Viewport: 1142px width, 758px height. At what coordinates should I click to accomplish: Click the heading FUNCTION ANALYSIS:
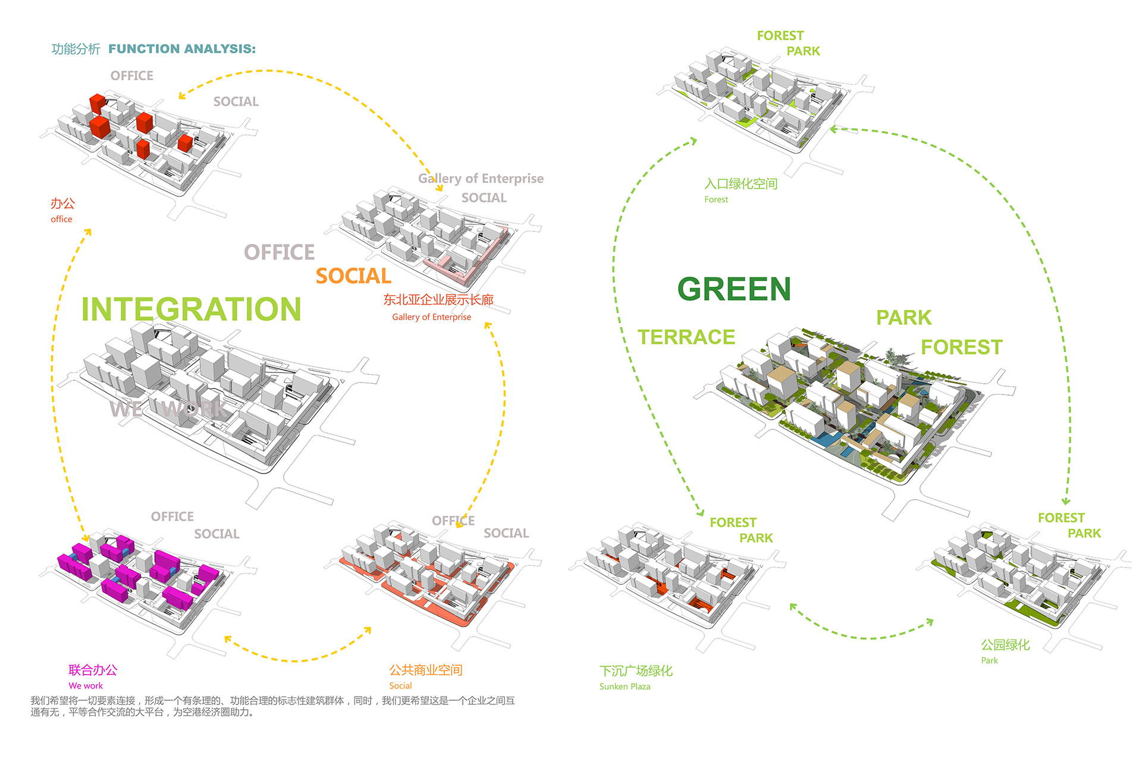tap(182, 49)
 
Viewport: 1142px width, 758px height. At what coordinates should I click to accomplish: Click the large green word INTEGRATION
tap(191, 309)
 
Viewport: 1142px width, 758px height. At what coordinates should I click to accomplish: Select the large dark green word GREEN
tap(734, 289)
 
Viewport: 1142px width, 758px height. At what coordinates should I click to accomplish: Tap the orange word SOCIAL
tap(353, 276)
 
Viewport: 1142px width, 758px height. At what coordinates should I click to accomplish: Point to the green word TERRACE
tap(686, 337)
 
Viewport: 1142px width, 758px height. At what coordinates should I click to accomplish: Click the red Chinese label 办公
tap(62, 203)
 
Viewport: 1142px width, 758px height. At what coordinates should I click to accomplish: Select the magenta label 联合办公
tap(93, 670)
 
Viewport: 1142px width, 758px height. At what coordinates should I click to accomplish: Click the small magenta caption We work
tap(86, 685)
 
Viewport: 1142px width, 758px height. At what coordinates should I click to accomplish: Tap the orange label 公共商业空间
tap(426, 670)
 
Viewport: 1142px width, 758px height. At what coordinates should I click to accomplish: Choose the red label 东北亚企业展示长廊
tap(438, 300)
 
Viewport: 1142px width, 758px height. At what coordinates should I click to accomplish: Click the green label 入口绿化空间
tap(741, 184)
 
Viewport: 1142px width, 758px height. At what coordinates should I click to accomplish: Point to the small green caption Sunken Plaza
tap(625, 687)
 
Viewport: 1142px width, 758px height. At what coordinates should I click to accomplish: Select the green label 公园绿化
tap(1005, 645)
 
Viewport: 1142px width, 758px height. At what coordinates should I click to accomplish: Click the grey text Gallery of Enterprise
tap(481, 178)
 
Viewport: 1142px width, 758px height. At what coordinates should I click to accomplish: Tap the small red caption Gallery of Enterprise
tap(431, 317)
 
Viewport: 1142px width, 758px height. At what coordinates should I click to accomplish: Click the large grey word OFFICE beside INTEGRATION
tap(279, 252)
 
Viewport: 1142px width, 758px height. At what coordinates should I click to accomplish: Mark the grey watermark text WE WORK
tap(168, 409)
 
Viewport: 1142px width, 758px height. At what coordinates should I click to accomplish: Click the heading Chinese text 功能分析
tap(76, 49)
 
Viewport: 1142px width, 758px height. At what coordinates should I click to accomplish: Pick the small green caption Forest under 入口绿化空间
tap(716, 200)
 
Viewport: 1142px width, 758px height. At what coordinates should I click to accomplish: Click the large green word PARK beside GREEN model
tap(903, 318)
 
